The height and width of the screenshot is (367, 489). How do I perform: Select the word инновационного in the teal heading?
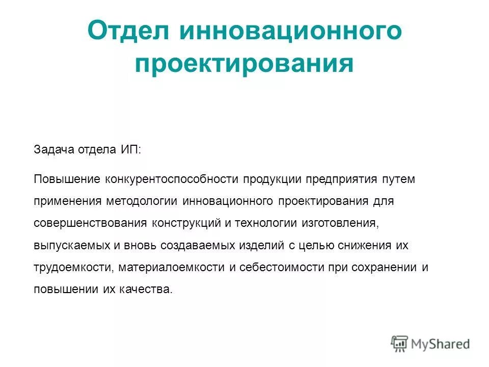click(x=290, y=31)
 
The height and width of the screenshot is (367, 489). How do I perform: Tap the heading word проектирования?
click(x=244, y=65)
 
